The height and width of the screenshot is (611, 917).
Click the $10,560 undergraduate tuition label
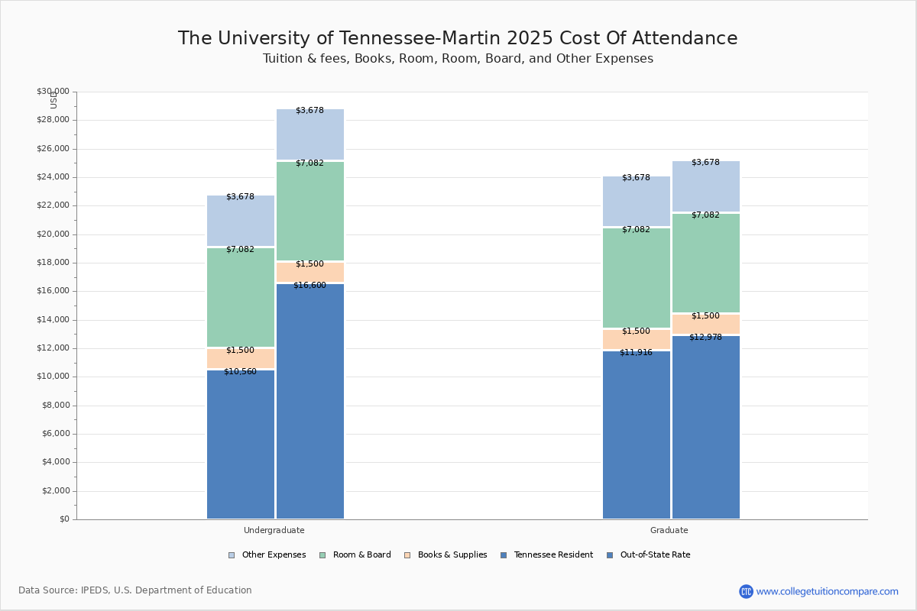click(240, 372)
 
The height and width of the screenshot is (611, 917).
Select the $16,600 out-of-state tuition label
click(309, 286)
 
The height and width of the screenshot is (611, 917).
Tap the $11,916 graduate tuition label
click(636, 353)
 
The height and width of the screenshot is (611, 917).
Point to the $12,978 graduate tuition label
click(705, 338)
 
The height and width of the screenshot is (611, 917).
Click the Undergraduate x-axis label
click(274, 530)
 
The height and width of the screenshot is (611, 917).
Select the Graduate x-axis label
click(669, 530)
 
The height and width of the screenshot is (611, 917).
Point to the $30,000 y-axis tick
click(53, 92)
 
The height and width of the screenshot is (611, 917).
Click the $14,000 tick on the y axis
click(53, 320)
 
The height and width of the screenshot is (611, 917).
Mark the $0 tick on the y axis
click(63, 519)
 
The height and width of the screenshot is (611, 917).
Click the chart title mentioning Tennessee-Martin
click(458, 39)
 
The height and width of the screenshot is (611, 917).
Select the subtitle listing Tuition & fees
click(458, 59)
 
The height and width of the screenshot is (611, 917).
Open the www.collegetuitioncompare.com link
click(827, 591)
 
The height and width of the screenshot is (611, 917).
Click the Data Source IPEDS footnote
click(135, 590)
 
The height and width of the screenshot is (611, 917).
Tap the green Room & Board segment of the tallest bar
click(310, 211)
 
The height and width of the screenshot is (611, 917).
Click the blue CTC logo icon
click(746, 591)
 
